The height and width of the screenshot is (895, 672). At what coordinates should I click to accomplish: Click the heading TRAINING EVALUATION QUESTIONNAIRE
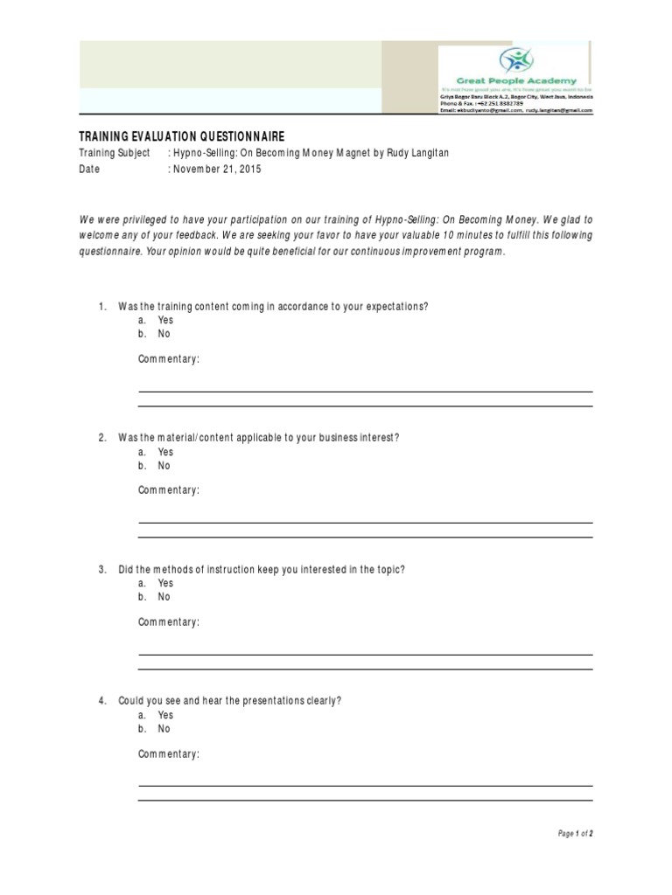182,137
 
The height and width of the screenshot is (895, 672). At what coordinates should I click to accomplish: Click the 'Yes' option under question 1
165,320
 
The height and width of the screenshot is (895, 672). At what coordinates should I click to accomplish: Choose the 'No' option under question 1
164,334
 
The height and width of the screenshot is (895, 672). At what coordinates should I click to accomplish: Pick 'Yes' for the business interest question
165,452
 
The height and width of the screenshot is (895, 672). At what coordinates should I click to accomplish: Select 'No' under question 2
164,466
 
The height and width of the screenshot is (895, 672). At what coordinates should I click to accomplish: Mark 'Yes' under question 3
165,583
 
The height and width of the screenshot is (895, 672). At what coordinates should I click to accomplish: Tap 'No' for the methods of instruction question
164,597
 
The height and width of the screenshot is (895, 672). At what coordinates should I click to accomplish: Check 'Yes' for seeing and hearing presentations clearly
165,715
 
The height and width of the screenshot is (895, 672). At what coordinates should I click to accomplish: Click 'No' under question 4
164,729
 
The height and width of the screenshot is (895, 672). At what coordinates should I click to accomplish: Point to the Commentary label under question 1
169,359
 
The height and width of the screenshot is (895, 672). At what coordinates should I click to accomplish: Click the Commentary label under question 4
169,753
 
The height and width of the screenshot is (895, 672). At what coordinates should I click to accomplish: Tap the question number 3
101,570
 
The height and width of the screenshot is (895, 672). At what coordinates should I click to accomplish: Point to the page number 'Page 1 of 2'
575,834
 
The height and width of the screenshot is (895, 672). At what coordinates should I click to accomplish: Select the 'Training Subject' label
115,154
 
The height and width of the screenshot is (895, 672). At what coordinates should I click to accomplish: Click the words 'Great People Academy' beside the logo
520,81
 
